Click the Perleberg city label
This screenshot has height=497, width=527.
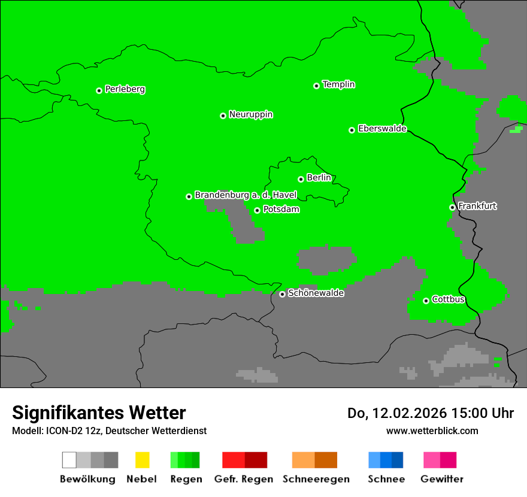125,89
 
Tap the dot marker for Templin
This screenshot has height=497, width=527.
316,86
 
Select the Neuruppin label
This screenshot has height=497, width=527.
250,114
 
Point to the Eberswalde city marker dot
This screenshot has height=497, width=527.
352,130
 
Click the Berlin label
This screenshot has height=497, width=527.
319,178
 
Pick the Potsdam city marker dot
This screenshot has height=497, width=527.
257,210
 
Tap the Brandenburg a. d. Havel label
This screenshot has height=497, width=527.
246,195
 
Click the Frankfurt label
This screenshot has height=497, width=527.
477,206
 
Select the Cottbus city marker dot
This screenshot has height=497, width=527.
426,301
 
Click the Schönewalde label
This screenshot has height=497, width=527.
316,293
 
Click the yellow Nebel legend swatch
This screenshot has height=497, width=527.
142,460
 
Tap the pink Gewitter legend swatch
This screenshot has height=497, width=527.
440,460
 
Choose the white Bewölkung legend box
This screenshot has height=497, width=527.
69,460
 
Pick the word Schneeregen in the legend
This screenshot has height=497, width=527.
316,479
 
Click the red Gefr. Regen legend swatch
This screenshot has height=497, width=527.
244,460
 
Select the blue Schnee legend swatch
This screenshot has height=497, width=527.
386,460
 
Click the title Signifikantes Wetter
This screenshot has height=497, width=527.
99,413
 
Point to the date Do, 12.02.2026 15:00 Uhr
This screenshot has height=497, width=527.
431,413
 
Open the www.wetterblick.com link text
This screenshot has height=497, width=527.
432,431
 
